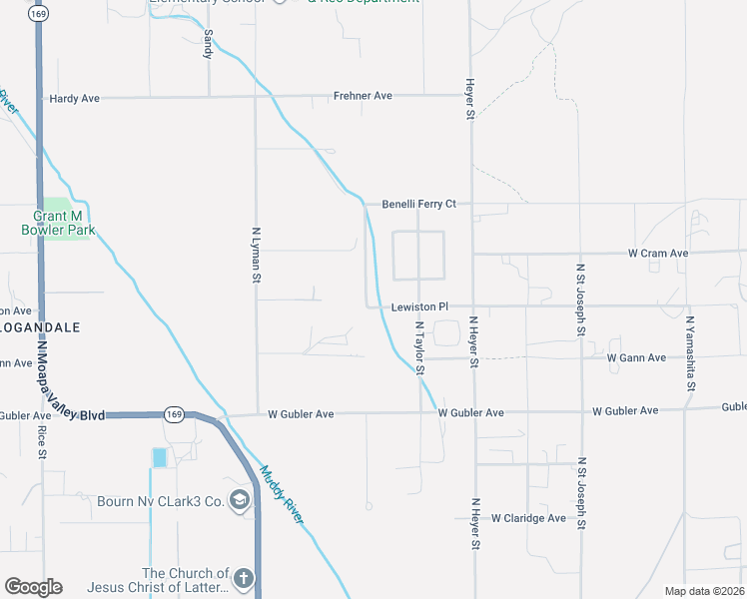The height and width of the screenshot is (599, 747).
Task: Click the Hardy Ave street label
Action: [75, 99]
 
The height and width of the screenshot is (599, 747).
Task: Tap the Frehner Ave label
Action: [363, 96]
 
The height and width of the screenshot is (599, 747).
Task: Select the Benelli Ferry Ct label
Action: [419, 204]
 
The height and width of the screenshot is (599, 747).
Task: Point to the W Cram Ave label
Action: [658, 254]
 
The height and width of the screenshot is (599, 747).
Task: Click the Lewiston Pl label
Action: [420, 306]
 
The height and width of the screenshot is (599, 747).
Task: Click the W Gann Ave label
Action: [636, 357]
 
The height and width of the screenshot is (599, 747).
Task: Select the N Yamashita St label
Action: [689, 353]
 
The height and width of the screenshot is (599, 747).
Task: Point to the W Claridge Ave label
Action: [529, 518]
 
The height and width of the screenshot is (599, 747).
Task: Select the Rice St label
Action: [42, 442]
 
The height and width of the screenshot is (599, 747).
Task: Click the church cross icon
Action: [243, 578]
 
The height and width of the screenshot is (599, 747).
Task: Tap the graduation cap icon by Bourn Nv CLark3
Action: [240, 500]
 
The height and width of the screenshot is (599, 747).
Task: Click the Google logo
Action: [33, 587]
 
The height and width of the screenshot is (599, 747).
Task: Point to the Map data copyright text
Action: [704, 591]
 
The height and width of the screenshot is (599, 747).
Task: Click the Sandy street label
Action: [208, 44]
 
